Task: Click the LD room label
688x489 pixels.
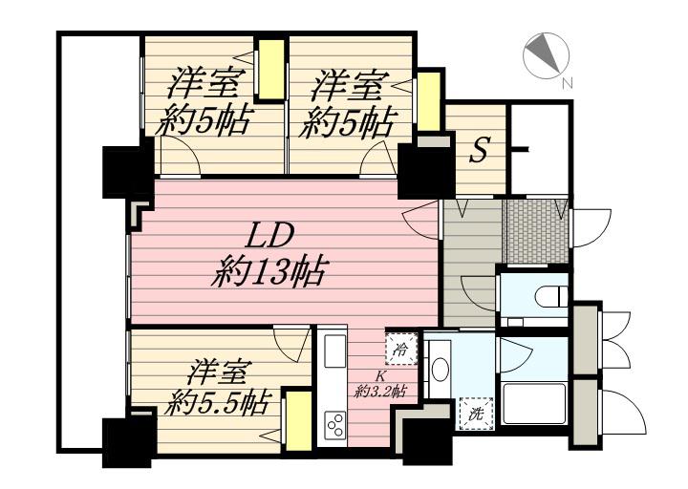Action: [269, 239]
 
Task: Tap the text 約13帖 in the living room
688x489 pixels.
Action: [268, 272]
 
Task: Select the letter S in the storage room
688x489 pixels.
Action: [478, 151]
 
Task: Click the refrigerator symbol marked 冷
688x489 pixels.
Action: [401, 350]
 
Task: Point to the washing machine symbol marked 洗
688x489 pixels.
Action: [477, 414]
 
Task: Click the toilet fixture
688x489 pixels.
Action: [551, 295]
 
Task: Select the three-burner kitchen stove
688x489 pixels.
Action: [334, 424]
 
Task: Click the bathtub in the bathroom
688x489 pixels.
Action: [534, 404]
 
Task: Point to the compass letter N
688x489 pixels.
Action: [568, 83]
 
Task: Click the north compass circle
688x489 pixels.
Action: [546, 56]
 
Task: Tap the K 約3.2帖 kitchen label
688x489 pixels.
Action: [379, 385]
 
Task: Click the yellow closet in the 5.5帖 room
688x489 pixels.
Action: [298, 421]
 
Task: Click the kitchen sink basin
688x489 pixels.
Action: [335, 351]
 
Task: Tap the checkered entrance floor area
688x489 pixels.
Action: [537, 231]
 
